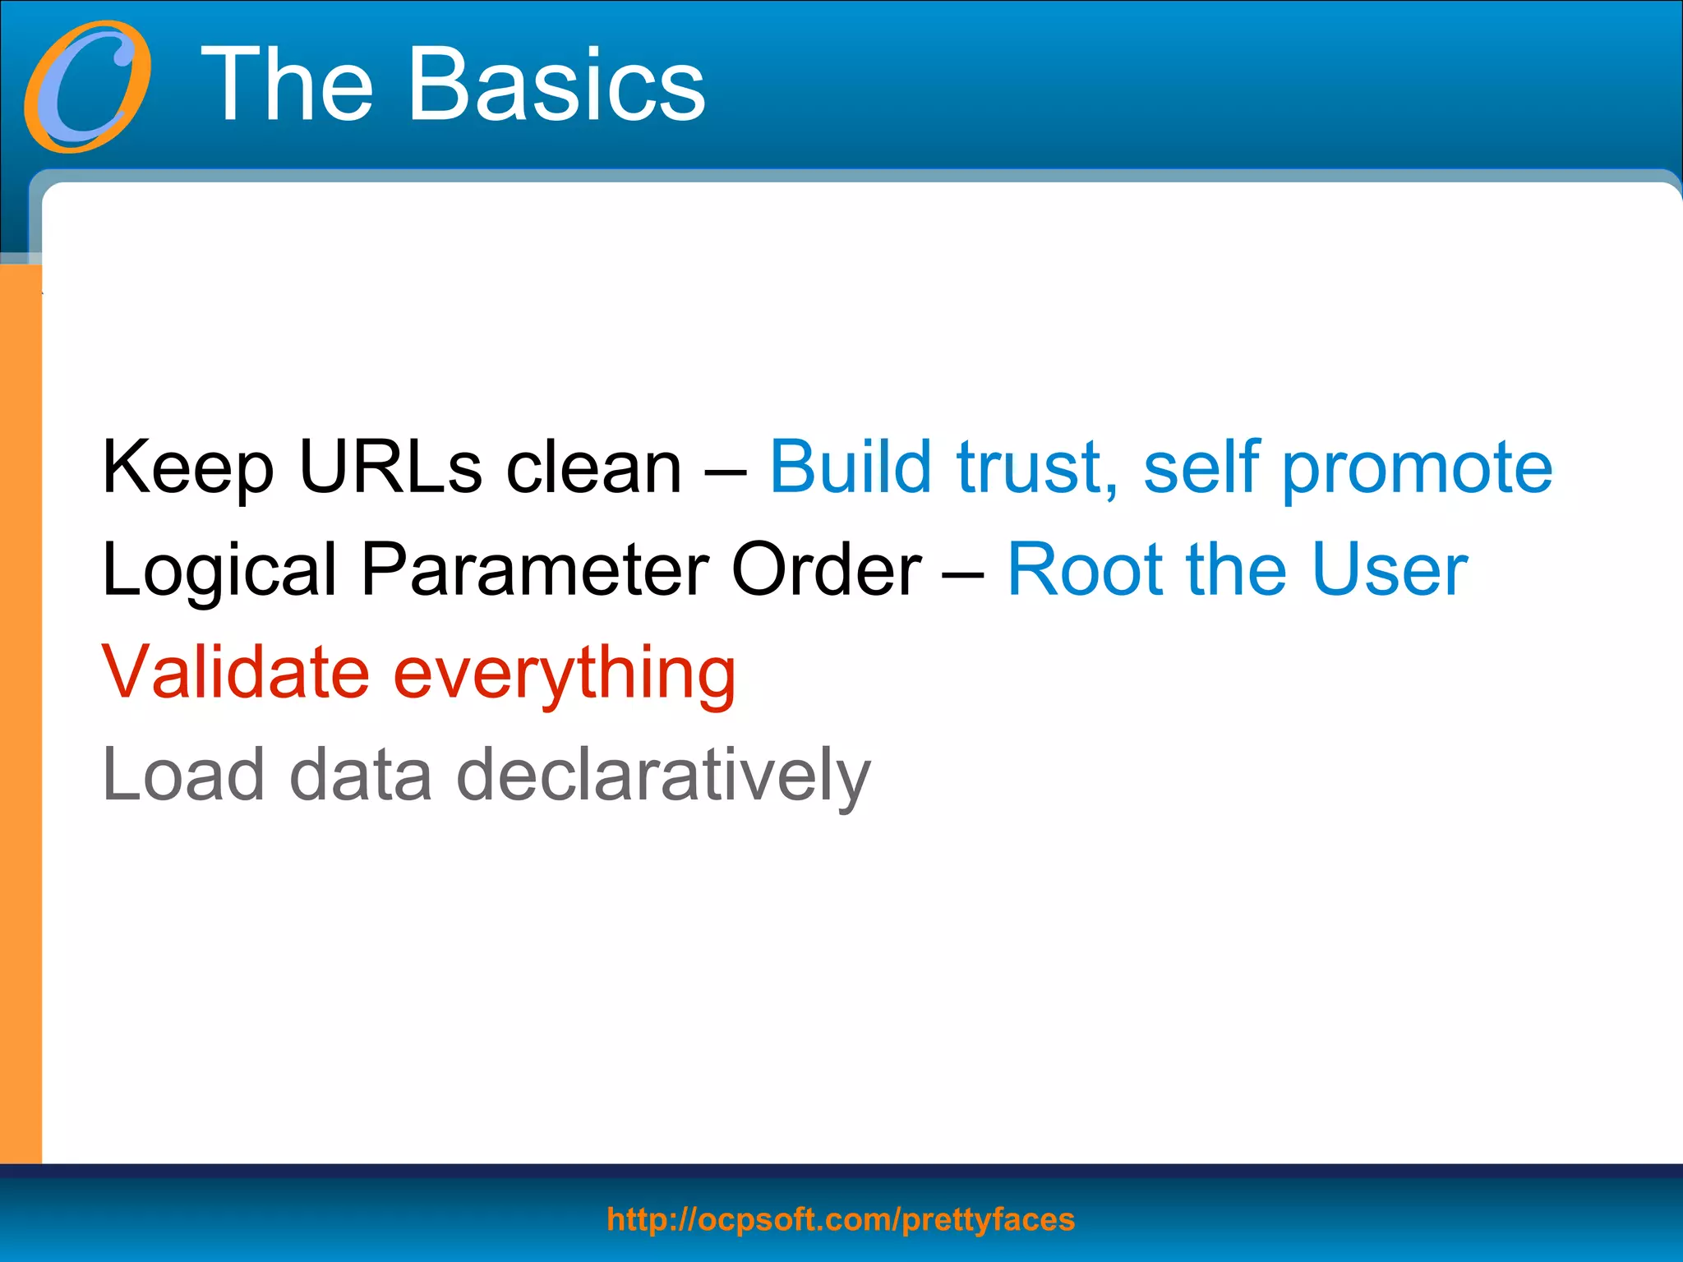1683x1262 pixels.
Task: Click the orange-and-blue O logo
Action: (x=88, y=87)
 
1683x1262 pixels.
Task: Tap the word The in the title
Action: (x=288, y=85)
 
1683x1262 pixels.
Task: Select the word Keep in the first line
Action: (x=187, y=468)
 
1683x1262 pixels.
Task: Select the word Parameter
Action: (x=535, y=569)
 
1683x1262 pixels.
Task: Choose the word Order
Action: (x=826, y=569)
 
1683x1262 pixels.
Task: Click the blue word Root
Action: (x=1084, y=569)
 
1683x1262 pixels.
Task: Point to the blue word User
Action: (x=1389, y=569)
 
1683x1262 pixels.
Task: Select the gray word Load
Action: (x=184, y=775)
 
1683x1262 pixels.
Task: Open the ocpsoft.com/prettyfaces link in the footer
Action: (x=841, y=1219)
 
